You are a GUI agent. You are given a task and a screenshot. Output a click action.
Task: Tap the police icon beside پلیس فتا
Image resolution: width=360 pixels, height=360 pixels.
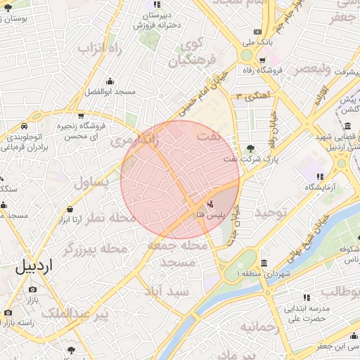click(x=191, y=204)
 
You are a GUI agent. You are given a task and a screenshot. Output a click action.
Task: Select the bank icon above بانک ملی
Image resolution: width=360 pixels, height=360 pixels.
click(x=257, y=32)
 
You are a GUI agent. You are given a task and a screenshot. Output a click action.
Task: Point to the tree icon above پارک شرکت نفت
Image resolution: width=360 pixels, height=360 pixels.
click(x=251, y=148)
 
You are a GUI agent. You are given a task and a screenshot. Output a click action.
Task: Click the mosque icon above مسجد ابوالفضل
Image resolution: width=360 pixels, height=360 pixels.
click(x=110, y=81)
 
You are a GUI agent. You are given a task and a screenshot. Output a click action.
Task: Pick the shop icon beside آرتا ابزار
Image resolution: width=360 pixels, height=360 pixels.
click(x=70, y=209)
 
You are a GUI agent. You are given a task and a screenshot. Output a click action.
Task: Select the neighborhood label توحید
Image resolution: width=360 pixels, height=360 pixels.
click(x=271, y=212)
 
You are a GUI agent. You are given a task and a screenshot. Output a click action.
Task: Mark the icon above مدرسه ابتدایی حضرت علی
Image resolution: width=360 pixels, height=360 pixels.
click(x=306, y=297)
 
